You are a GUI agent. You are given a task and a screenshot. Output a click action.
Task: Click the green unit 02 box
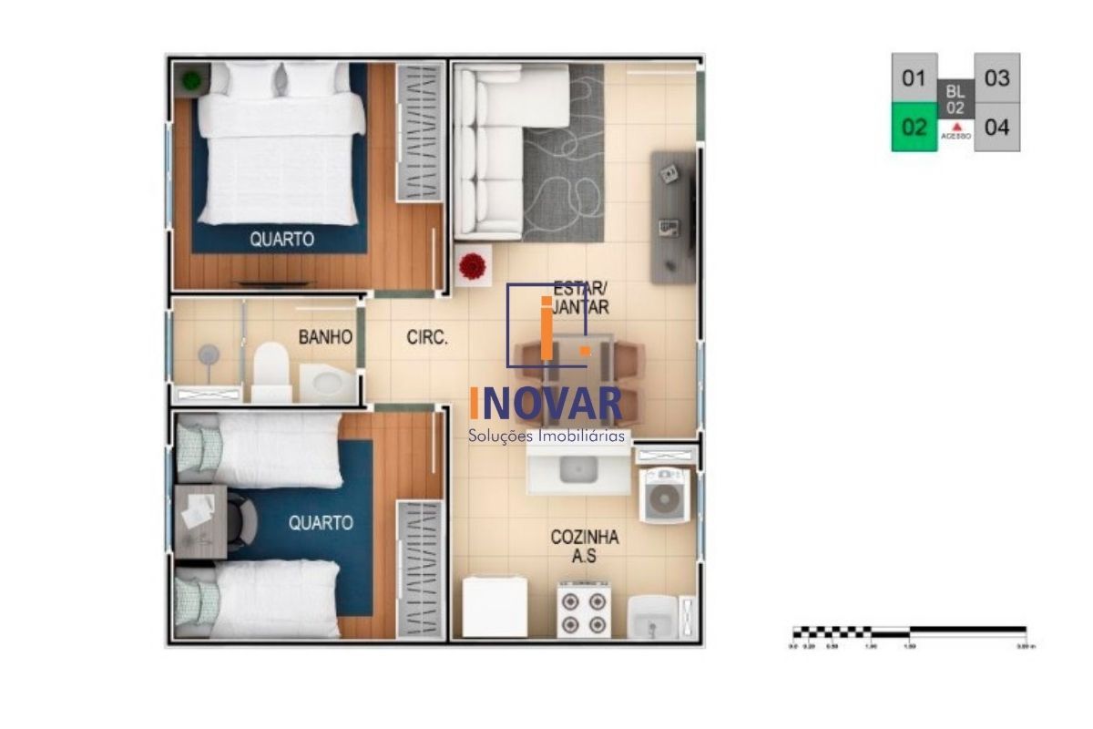[913, 128]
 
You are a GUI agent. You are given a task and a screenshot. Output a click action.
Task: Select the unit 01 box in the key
[913, 78]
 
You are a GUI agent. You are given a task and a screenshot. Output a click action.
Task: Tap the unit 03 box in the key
[996, 78]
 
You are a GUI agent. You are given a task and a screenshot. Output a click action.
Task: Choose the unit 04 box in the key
[996, 128]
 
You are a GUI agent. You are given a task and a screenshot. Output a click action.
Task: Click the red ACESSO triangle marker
[956, 126]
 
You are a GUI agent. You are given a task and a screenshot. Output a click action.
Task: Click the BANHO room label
[325, 337]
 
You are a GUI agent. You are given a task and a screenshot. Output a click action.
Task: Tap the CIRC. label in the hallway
[426, 338]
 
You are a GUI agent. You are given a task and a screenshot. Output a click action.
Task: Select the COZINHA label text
[584, 538]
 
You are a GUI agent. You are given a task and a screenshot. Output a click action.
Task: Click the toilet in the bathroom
[271, 369]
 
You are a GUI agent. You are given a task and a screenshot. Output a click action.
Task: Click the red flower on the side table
[473, 266]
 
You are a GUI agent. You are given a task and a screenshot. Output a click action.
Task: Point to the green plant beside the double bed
[191, 81]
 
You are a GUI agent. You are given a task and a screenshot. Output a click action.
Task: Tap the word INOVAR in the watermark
[546, 405]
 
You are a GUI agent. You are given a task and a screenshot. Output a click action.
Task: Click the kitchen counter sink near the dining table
[577, 470]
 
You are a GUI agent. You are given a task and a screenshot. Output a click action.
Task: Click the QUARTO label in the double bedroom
[282, 240]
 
